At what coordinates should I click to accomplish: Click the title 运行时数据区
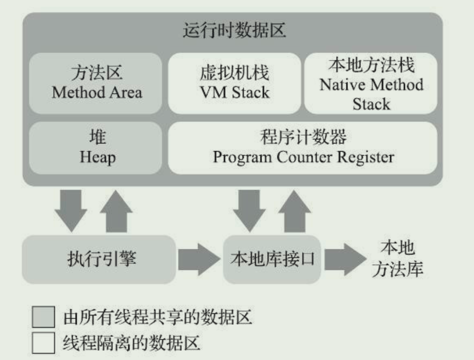(234, 31)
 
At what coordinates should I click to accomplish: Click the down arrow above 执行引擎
(70, 209)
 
